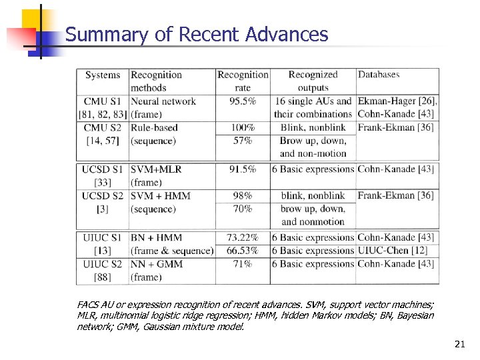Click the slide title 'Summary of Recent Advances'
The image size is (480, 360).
[x=197, y=35]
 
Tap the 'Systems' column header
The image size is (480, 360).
[x=103, y=75]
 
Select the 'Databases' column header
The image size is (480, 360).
[x=379, y=75]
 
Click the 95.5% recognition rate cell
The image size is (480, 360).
[x=243, y=101]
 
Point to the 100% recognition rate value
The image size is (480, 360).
[x=243, y=127]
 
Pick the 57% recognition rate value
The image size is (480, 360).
[x=243, y=141]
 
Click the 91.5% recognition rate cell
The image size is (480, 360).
[x=243, y=169]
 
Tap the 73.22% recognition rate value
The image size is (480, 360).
[x=243, y=237]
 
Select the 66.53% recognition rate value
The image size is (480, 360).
[x=243, y=251]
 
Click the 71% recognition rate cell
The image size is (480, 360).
[x=243, y=264]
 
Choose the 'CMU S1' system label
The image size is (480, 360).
[x=103, y=101]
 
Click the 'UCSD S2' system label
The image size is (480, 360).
[x=103, y=196]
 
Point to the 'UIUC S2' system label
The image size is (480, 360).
[x=103, y=264]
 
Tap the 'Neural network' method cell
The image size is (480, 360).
[x=163, y=101]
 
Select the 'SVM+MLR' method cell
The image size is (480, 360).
[x=156, y=169]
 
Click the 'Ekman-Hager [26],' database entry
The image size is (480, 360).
[x=397, y=101]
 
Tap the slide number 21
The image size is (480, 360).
[x=459, y=344]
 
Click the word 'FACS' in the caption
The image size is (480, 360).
[x=87, y=304]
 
